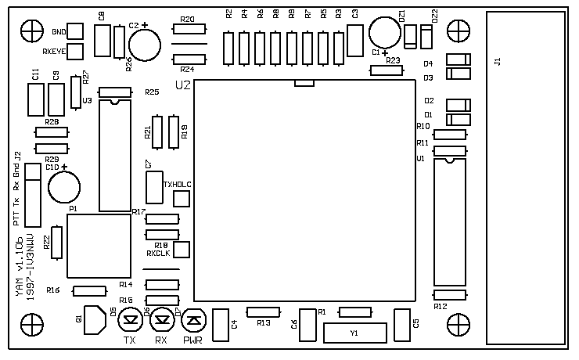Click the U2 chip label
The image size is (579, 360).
[183, 85]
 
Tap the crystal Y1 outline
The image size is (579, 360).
[354, 333]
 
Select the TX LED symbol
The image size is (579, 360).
[131, 319]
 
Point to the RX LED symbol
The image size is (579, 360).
[162, 319]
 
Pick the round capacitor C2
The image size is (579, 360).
[145, 42]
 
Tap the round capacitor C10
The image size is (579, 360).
[63, 187]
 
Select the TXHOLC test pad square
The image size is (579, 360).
[182, 199]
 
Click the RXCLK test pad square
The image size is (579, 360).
[182, 250]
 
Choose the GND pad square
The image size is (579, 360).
[76, 31]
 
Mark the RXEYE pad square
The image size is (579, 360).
[76, 52]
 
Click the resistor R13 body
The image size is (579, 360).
[262, 312]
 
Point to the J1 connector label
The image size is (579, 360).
[498, 61]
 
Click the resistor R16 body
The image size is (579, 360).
[89, 291]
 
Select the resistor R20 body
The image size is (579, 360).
[188, 29]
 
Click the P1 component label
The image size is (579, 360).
[73, 209]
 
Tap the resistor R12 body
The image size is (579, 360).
[450, 294]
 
